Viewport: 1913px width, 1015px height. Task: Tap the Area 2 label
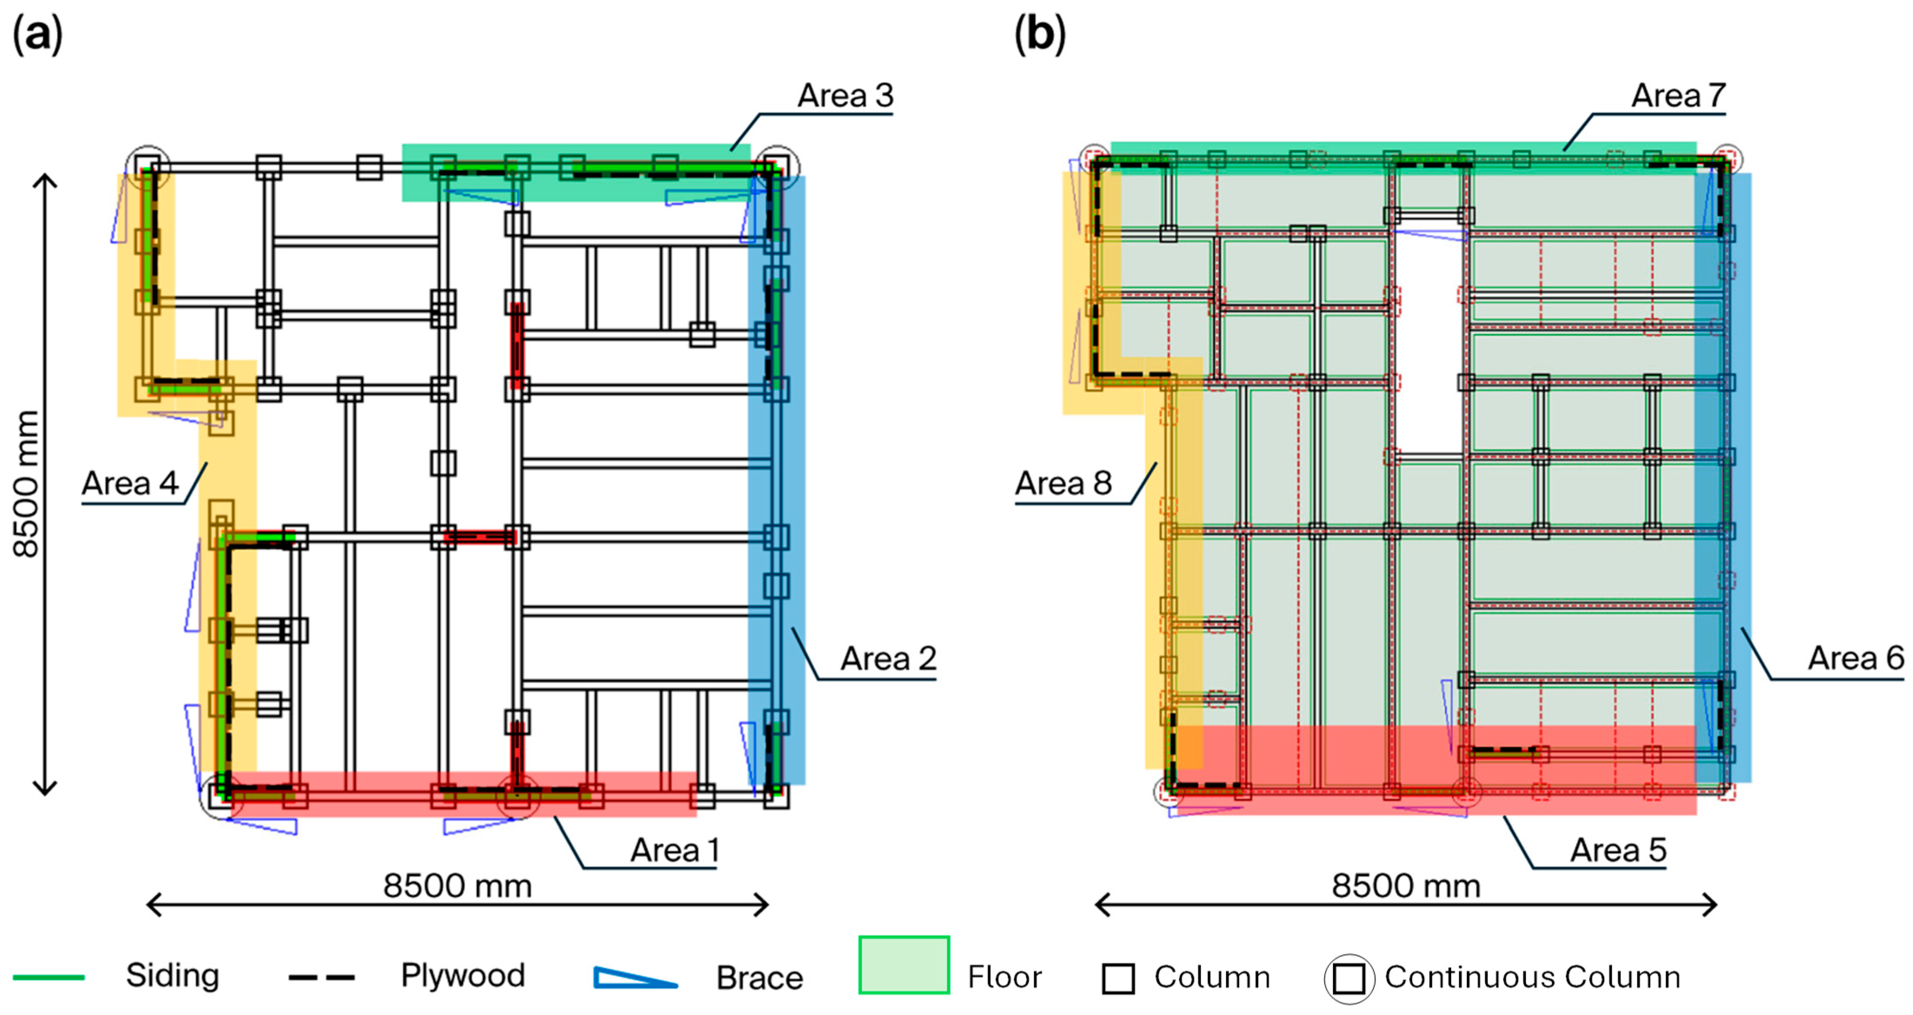pos(888,659)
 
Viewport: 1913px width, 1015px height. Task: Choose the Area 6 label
pos(1856,659)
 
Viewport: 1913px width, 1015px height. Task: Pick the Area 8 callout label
pos(1064,483)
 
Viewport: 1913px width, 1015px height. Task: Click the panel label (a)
pos(37,35)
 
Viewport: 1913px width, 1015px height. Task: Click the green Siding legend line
pos(49,977)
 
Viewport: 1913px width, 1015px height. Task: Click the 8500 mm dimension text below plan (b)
pos(1406,886)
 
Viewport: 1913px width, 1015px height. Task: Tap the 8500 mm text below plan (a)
pos(458,886)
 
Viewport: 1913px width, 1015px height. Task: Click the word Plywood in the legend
pos(463,975)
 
